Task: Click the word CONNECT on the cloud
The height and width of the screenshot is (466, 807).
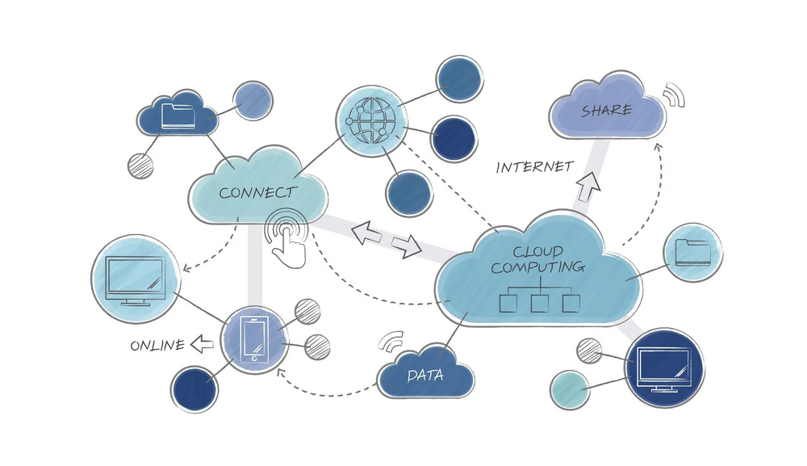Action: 257,193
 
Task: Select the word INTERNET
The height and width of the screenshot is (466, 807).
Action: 534,167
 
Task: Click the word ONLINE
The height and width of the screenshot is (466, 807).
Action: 157,345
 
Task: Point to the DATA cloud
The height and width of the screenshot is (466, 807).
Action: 425,376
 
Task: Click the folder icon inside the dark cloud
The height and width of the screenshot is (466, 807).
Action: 178,115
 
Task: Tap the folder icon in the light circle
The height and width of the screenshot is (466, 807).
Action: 692,252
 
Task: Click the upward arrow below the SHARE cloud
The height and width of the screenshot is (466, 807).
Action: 589,188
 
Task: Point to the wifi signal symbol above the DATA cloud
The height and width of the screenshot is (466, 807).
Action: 393,342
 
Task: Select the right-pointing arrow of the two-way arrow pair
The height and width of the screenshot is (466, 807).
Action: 407,245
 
